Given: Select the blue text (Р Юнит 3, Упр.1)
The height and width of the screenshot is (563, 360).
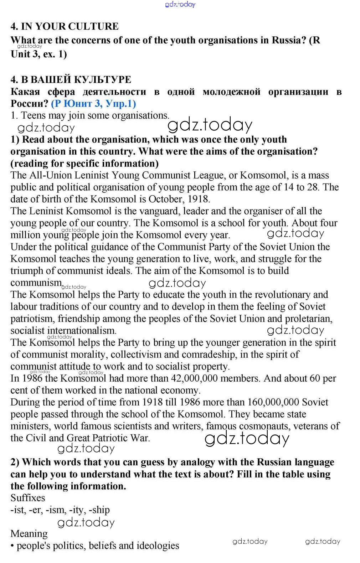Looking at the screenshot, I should click(93, 104).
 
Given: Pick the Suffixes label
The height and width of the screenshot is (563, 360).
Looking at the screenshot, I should click(28, 498).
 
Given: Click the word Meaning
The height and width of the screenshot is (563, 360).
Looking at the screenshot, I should click(29, 534).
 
